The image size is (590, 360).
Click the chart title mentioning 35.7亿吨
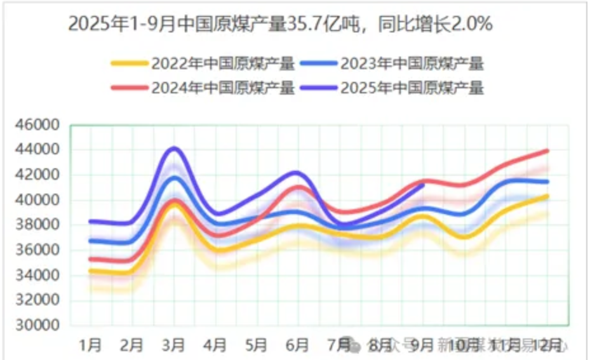point(280,25)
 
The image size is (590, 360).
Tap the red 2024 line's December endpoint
point(547,150)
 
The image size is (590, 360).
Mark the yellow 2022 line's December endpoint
point(547,196)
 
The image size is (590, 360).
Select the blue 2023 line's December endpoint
point(547,182)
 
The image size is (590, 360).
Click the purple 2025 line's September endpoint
point(423,185)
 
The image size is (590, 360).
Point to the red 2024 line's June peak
point(298,187)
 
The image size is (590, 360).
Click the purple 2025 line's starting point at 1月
point(91,221)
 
